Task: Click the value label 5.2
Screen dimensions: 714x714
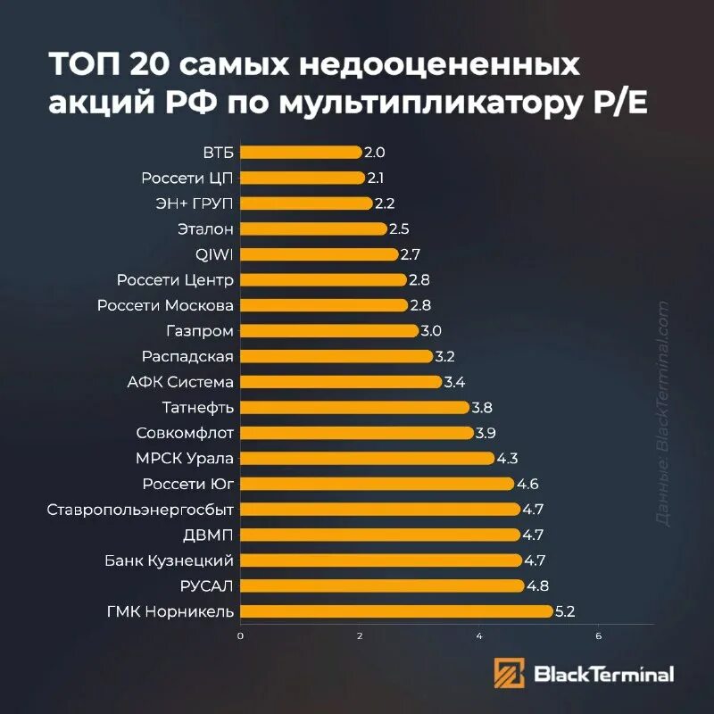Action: pyautogui.click(x=566, y=611)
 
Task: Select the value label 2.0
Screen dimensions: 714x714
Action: pyautogui.click(x=375, y=153)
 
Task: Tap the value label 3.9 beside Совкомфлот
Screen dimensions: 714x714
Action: pyautogui.click(x=487, y=433)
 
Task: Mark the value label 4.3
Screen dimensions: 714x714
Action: pyautogui.click(x=507, y=459)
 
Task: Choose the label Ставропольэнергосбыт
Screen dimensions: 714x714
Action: pyautogui.click(x=140, y=510)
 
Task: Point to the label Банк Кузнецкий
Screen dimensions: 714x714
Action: pyautogui.click(x=169, y=560)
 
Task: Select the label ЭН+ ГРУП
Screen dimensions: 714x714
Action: pyautogui.click(x=188, y=203)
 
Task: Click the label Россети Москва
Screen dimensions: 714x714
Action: pyautogui.click(x=165, y=306)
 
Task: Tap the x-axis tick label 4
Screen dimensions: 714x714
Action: pyautogui.click(x=479, y=636)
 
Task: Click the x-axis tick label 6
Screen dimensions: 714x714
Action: pyautogui.click(x=599, y=636)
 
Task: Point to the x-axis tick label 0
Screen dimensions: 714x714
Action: pyautogui.click(x=240, y=636)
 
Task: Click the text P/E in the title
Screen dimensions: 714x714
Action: pyautogui.click(x=616, y=104)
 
